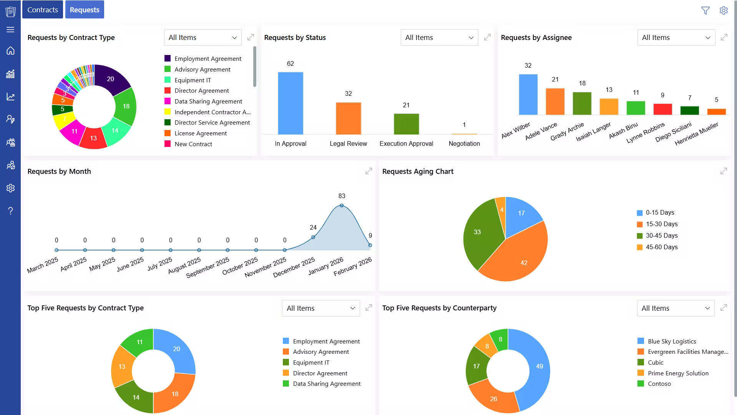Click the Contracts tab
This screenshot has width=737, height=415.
point(42,10)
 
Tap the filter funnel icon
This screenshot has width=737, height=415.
point(705,10)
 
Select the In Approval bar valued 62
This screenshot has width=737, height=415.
point(290,103)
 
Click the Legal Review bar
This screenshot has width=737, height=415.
point(348,118)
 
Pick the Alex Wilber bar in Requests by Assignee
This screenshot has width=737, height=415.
point(528,95)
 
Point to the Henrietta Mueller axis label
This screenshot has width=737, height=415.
point(696,133)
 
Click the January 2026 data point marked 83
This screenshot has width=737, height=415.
point(342,205)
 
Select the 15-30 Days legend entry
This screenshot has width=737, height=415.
point(661,224)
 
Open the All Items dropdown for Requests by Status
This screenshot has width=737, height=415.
point(439,38)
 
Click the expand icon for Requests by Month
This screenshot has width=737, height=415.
point(368,171)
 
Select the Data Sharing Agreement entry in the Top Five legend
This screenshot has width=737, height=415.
point(326,383)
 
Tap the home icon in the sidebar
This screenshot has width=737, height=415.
point(10,51)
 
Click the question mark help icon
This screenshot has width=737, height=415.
point(10,211)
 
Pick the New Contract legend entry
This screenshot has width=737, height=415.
point(193,144)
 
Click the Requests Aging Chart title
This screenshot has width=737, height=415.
point(418,171)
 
